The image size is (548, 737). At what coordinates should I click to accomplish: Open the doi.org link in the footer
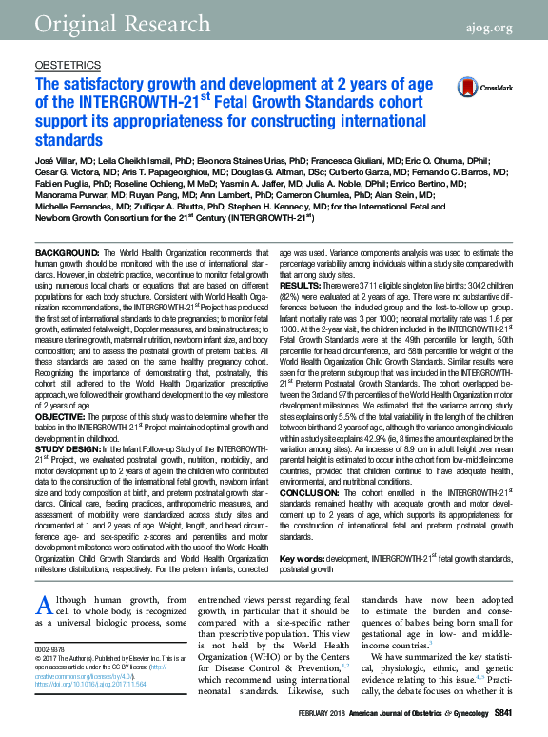pos(85,683)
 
